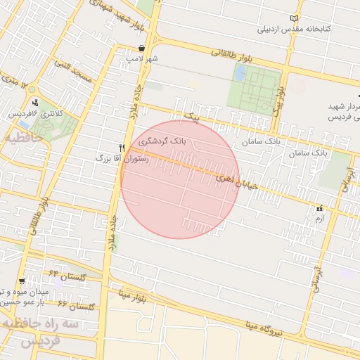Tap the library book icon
[294, 18]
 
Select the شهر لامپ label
[143, 59]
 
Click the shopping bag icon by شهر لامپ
[142, 49]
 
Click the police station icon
[35, 103]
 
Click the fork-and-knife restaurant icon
[122, 148]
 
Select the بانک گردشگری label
[162, 141]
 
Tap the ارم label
[320, 219]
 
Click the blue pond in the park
[240, 72]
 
